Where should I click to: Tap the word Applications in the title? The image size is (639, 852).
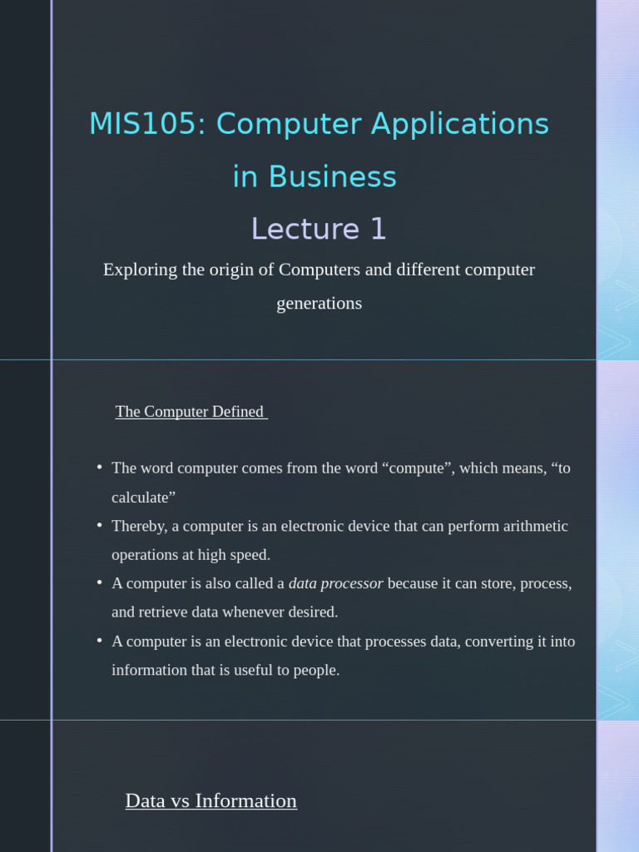click(459, 125)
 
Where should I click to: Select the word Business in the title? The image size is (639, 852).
click(333, 176)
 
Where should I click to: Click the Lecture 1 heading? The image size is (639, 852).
click(319, 229)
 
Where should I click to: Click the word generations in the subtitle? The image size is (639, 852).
click(319, 303)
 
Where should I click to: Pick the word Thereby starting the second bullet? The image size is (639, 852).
click(140, 527)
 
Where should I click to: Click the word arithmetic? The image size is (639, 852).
click(535, 526)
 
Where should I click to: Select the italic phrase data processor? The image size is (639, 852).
click(336, 583)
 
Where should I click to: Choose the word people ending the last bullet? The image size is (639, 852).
click(316, 671)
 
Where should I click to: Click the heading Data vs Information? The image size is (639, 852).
click(211, 800)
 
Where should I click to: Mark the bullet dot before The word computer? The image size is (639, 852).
click(100, 466)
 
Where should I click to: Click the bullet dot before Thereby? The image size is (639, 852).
click(100, 524)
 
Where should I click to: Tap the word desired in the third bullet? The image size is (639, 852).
click(313, 612)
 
